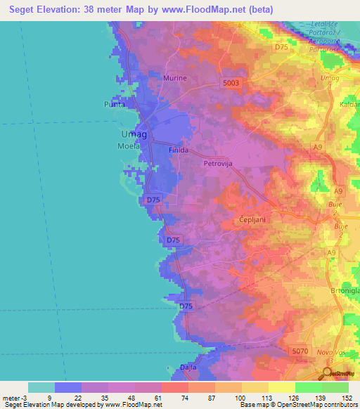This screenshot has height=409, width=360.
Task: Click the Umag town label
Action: [x=134, y=134]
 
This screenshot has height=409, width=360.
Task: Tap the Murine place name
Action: [x=175, y=78]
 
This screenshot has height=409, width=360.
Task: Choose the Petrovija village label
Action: [x=217, y=164]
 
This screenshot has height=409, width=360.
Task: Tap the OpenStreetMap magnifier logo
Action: [x=327, y=375]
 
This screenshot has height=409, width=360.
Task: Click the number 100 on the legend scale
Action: [x=241, y=398]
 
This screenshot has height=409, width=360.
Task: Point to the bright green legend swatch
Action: [x=308, y=387]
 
